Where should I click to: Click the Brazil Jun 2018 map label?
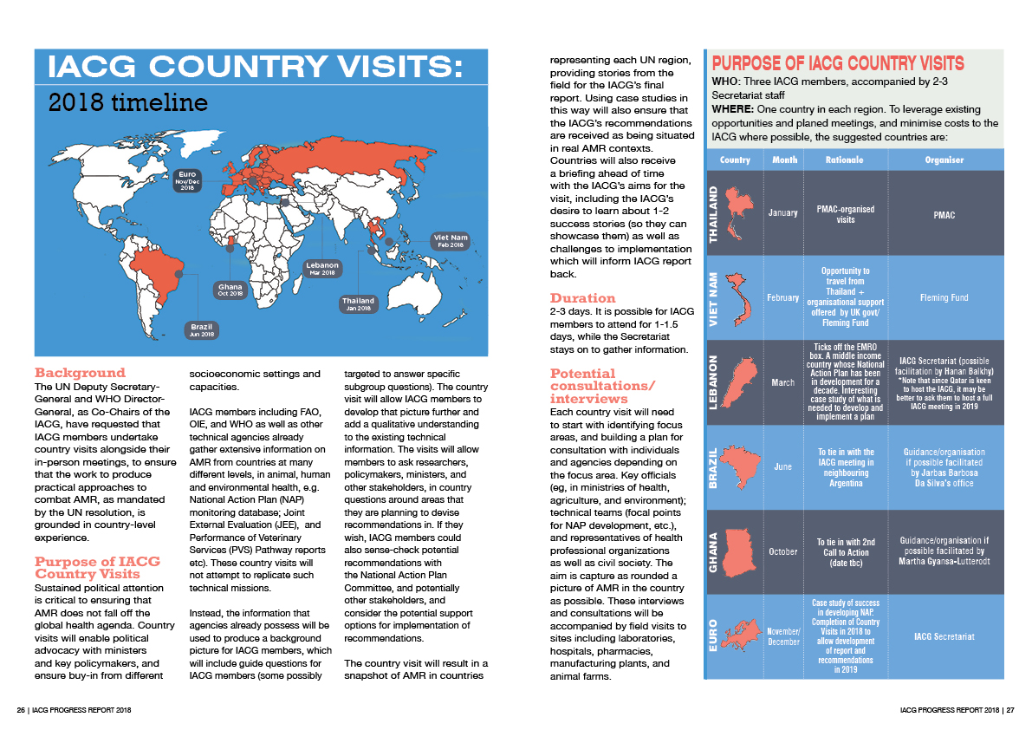(201, 330)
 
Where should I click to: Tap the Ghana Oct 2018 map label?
(230, 290)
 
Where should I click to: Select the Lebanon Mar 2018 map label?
(321, 268)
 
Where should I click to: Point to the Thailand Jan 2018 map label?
(357, 303)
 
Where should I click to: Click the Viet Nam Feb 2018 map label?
(450, 240)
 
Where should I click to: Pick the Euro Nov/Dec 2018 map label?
(189, 179)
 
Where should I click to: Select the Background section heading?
(81, 373)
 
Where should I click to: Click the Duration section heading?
(583, 297)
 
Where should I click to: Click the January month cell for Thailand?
(782, 213)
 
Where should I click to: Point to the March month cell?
(782, 381)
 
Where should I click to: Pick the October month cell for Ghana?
(782, 551)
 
